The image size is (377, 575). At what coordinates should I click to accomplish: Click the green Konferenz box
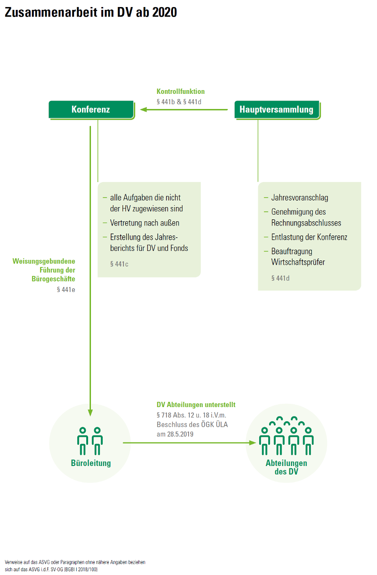point(91,109)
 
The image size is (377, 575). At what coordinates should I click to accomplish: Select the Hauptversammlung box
point(277,109)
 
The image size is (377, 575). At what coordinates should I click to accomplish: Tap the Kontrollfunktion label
point(180,92)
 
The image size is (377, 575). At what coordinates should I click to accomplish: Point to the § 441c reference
point(119,264)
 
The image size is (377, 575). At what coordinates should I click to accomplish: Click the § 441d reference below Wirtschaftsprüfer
point(280,278)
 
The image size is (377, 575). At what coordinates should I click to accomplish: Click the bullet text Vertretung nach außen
point(144,223)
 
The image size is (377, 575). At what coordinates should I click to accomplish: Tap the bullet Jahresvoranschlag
point(299,198)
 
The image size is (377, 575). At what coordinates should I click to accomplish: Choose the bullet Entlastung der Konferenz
point(309,237)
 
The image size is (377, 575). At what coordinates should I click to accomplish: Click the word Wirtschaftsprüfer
point(298,262)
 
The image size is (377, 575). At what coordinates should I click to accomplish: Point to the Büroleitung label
point(90,463)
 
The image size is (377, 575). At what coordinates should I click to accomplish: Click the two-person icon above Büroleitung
point(90,441)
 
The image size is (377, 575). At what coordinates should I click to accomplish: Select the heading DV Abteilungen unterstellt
point(196,405)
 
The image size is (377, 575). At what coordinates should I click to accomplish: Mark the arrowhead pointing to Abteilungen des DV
point(252,443)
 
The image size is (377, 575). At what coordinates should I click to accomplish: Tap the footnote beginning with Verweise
point(75,566)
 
